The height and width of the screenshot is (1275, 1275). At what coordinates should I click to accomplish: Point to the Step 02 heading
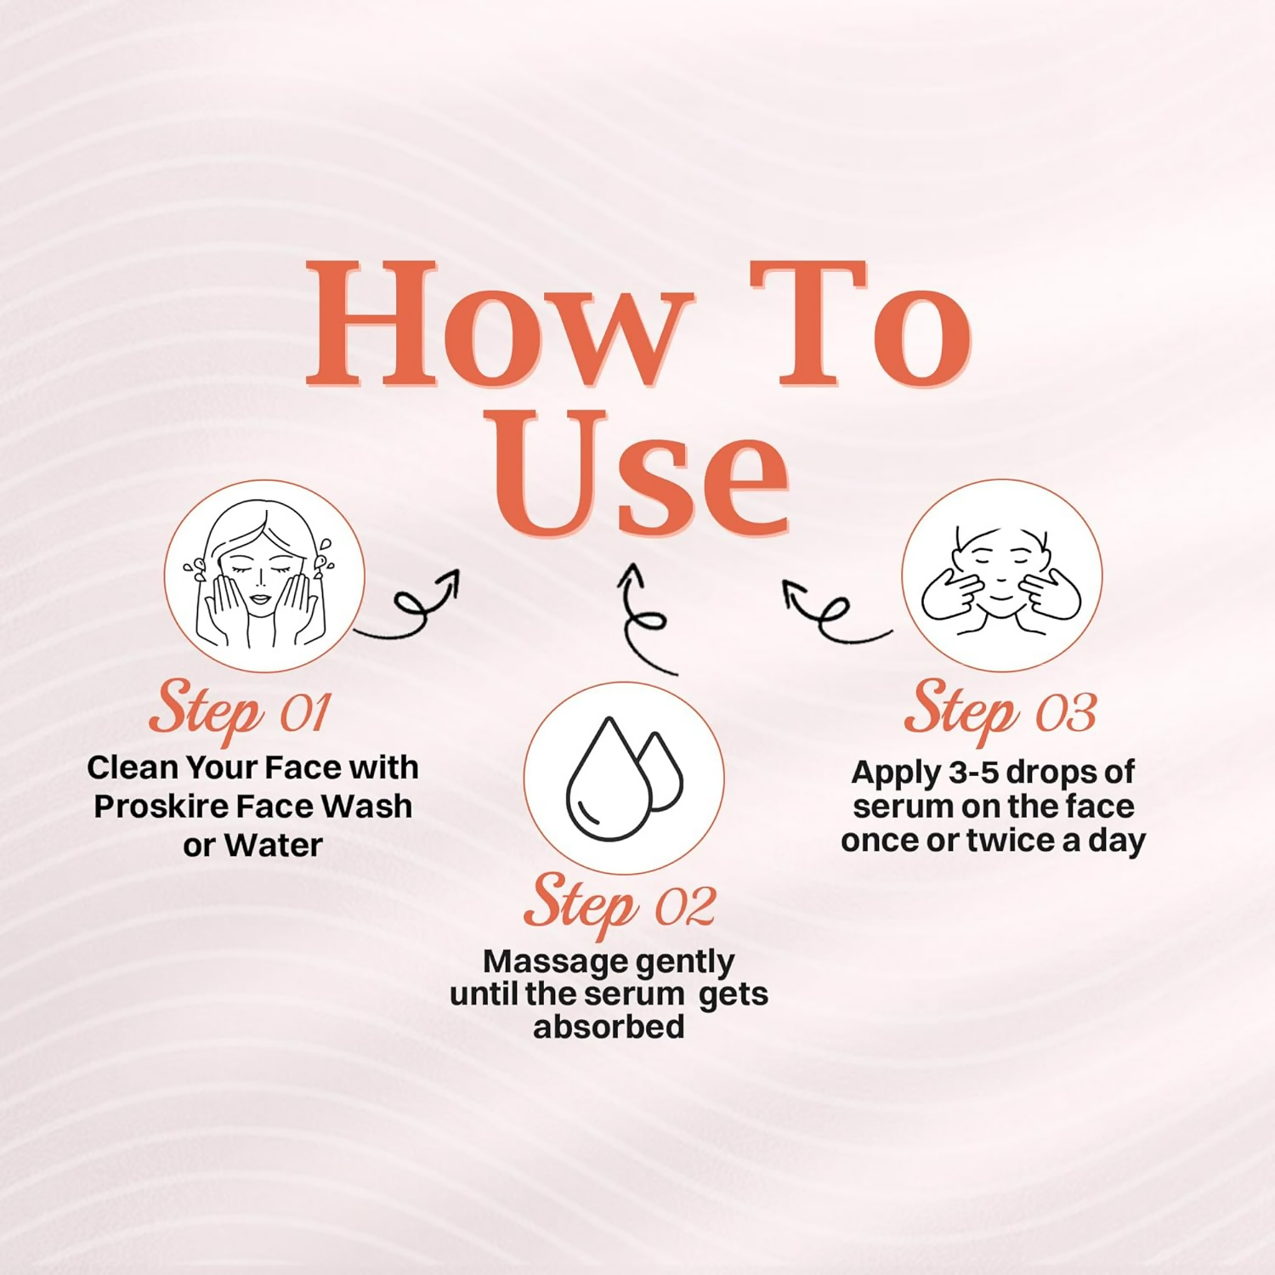coord(620,904)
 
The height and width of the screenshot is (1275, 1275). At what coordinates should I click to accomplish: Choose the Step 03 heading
coord(1000,711)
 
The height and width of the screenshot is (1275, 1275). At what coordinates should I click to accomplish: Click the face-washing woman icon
coord(264,575)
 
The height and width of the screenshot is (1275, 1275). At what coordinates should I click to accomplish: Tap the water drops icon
coord(624,778)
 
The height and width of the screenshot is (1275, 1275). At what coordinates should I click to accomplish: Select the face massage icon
coord(1002,575)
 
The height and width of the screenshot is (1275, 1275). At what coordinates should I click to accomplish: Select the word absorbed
coord(609,1027)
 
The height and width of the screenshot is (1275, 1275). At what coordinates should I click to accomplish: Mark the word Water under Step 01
coord(274,846)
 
